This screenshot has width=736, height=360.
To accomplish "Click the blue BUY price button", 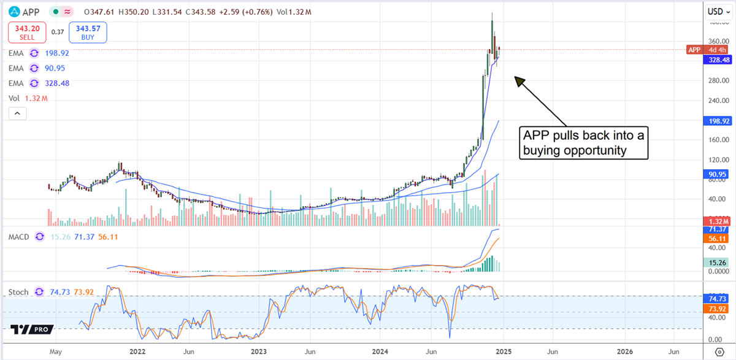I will click(x=88, y=33).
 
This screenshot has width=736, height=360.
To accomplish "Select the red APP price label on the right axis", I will click(x=694, y=50).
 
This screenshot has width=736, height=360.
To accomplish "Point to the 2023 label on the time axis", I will click(x=259, y=352).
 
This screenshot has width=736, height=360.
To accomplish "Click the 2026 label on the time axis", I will click(x=624, y=352).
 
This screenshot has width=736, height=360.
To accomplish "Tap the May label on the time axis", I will click(x=56, y=352).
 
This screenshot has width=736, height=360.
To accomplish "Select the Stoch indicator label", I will click(x=18, y=292).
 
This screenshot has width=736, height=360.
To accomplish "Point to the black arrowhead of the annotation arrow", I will click(x=519, y=80).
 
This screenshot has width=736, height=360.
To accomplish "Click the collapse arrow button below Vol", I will click(x=18, y=113).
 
